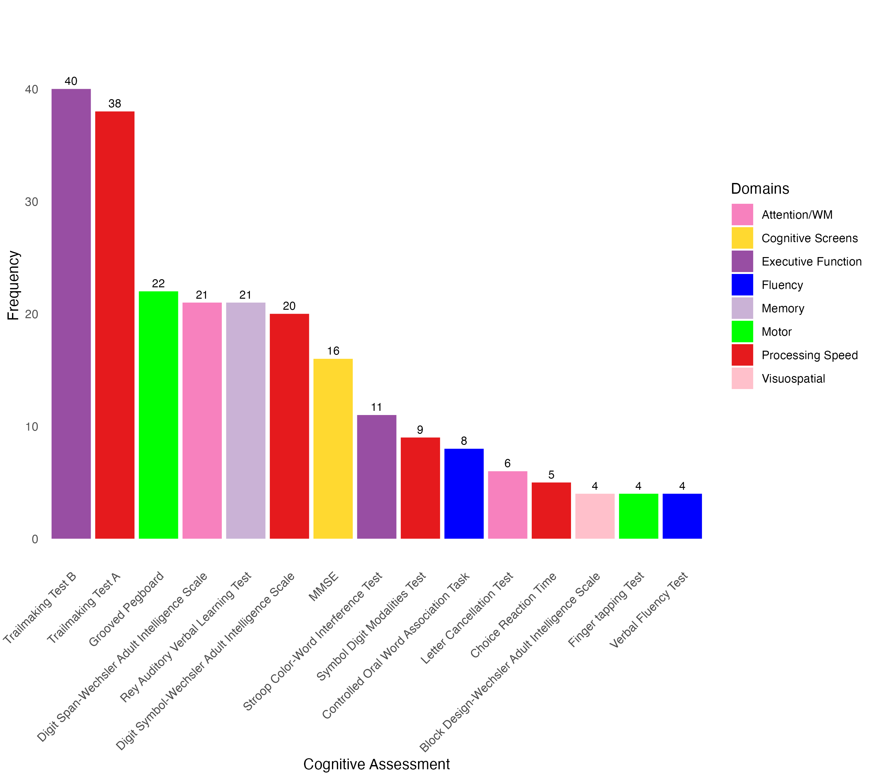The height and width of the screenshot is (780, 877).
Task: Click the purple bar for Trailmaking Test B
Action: click(71, 313)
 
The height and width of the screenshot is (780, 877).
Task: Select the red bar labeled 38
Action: click(115, 325)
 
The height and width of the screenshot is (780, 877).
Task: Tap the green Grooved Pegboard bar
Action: click(158, 415)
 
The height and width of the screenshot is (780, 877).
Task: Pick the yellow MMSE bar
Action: click(333, 448)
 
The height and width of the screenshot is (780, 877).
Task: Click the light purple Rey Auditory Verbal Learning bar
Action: click(246, 420)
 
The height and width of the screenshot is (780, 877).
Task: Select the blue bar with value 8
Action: click(464, 494)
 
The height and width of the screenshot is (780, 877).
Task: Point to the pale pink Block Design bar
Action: click(595, 516)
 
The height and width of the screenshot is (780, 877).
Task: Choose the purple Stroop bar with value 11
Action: click(377, 476)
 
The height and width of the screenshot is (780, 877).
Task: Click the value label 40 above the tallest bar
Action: click(71, 81)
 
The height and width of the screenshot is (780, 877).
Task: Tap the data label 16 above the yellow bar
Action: click(333, 351)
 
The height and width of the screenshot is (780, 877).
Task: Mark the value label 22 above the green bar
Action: click(158, 283)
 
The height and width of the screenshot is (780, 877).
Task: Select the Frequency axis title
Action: click(13, 285)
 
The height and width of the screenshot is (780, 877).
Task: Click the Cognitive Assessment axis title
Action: click(376, 764)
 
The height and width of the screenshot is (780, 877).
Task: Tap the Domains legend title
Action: click(760, 189)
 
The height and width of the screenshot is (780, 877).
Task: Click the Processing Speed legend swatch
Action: click(742, 355)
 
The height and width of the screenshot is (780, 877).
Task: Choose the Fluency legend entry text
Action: click(782, 285)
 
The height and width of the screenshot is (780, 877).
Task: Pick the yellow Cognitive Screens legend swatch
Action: click(742, 238)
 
